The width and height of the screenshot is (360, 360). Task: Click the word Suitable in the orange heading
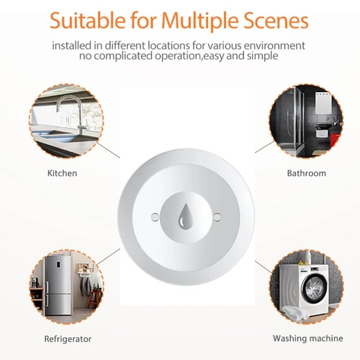tap(88, 20)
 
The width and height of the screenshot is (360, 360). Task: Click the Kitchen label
tap(62, 173)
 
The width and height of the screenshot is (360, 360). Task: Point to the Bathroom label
tap(306, 173)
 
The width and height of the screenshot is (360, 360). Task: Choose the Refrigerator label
tap(68, 339)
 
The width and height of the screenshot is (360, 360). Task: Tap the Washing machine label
tap(308, 338)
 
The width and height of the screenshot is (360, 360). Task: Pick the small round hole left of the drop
tap(155, 217)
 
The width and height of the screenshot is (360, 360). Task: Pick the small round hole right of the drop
tap(217, 217)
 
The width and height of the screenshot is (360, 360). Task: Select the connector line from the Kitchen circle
tap(108, 150)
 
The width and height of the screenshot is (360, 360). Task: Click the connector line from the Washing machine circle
tap(263, 267)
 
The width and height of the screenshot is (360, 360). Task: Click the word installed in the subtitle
tap(72, 45)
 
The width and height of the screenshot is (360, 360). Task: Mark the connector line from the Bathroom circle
tap(264, 147)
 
